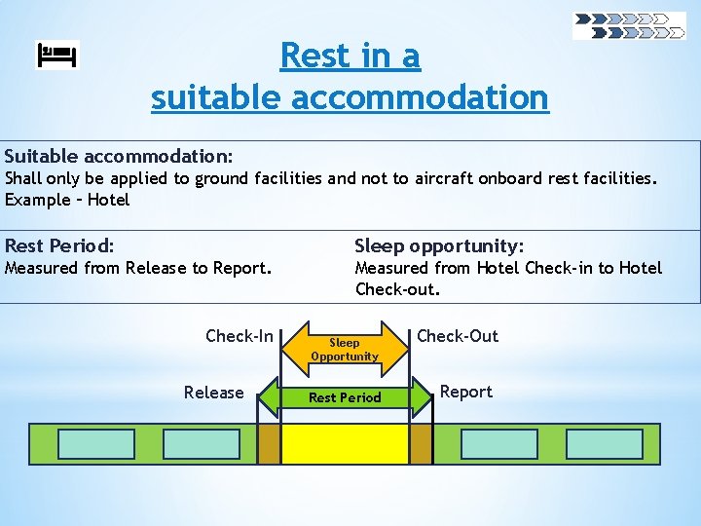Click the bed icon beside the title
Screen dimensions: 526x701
(57, 56)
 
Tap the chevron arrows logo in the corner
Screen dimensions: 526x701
(629, 25)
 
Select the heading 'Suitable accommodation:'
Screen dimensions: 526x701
(118, 156)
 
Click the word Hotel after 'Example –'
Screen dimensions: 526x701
(108, 200)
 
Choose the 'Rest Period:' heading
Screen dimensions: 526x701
(59, 245)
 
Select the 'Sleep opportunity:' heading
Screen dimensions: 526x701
(439, 245)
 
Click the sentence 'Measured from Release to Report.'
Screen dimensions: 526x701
(138, 268)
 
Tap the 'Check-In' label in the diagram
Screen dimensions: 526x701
(240, 336)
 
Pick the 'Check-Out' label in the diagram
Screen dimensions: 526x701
(457, 336)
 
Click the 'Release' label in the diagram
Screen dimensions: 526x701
(213, 393)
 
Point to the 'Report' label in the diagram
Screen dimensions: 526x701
(465, 392)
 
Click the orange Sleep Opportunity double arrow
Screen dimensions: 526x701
(345, 349)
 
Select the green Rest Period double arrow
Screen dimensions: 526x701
(345, 397)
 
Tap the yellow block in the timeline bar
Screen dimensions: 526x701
(345, 444)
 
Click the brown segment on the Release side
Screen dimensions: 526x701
(269, 444)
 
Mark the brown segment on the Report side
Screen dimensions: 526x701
(421, 444)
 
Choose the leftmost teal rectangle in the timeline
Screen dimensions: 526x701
(96, 444)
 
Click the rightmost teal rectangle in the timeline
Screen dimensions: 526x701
(604, 444)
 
